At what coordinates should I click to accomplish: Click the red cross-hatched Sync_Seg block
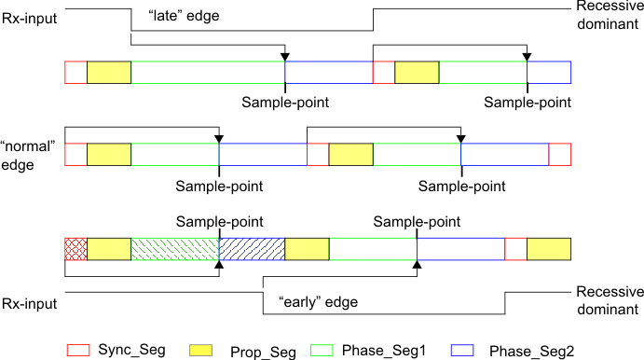(75, 249)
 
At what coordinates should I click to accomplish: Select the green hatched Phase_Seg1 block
(174, 249)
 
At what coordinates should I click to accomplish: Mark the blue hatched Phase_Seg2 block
(252, 249)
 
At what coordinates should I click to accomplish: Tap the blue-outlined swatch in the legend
(462, 350)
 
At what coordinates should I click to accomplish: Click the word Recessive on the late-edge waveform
(607, 6)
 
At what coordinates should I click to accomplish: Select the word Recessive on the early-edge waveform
(607, 292)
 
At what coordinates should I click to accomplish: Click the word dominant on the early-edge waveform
(607, 309)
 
